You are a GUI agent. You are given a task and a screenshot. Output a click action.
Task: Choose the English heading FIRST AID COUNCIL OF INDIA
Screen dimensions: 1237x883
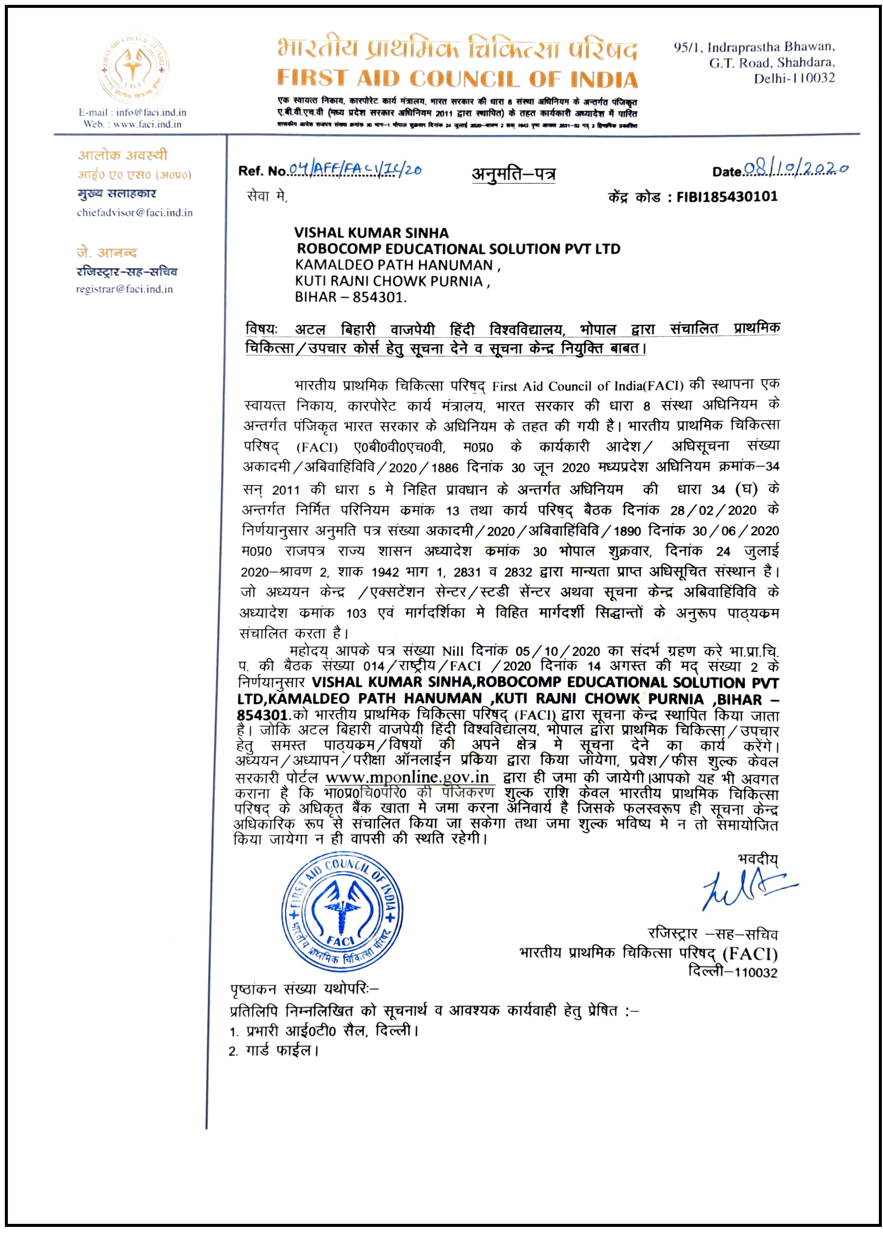(x=457, y=79)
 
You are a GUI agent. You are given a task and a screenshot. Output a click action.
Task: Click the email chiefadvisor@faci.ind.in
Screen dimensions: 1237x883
(x=134, y=213)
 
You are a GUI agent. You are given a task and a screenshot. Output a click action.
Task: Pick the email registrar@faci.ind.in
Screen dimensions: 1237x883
(x=125, y=289)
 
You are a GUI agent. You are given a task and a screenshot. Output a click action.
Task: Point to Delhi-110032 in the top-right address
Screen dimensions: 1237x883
(x=794, y=78)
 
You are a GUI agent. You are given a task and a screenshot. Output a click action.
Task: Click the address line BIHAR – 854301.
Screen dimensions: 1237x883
(x=351, y=297)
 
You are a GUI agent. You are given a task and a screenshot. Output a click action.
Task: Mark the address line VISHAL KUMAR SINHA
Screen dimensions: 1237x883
(x=372, y=233)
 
